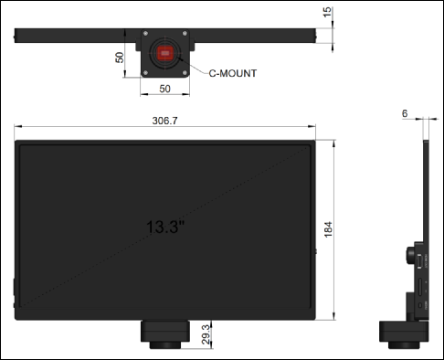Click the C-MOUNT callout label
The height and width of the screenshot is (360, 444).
(233, 73)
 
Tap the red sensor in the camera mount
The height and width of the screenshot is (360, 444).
(165, 53)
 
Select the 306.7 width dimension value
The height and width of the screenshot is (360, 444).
(164, 121)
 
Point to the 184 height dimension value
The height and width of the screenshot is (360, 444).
(328, 229)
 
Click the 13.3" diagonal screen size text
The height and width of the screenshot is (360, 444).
(165, 227)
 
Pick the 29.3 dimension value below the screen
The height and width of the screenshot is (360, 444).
(206, 334)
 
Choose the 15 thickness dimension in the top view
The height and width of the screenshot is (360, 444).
(327, 12)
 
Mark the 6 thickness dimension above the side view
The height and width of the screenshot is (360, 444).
(405, 113)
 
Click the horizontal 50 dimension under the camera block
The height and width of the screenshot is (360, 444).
(164, 89)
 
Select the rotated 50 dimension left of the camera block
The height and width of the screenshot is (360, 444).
(120, 58)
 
